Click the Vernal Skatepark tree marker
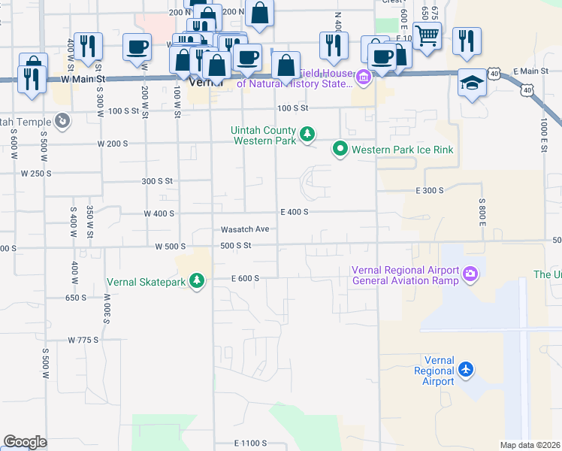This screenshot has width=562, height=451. pos(197,281)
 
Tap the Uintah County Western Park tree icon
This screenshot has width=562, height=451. pos(307,135)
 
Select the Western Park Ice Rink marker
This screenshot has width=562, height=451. pos(340,150)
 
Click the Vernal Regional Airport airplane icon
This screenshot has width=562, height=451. pos(467,370)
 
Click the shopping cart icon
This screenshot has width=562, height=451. pos(427,35)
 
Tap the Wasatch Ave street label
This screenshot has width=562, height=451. pos(244,229)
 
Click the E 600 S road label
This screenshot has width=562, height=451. pos(245,278)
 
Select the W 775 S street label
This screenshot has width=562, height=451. pos(83,340)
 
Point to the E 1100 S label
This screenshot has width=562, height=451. pos(250,443)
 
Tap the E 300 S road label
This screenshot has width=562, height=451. pos(430,191)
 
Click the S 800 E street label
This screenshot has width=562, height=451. pos(483,210)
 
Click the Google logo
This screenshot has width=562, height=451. pos(25,442)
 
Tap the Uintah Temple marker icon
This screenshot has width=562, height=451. pos(62,120)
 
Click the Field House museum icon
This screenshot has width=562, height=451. pos(364,77)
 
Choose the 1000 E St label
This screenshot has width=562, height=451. pos(543,135)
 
